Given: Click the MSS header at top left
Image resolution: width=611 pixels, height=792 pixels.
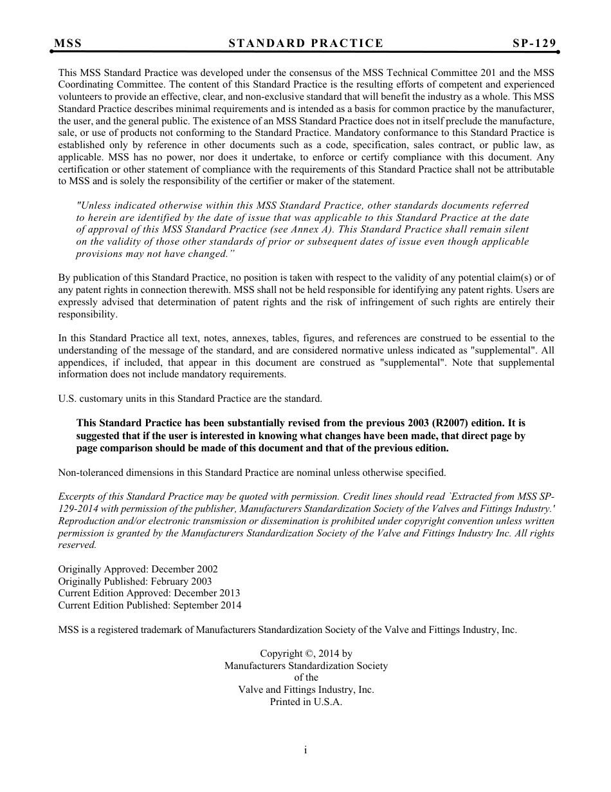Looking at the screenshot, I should [68, 43].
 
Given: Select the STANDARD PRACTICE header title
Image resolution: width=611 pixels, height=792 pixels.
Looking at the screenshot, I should [305, 43].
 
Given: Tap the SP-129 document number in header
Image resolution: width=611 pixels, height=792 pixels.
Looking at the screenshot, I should [534, 43].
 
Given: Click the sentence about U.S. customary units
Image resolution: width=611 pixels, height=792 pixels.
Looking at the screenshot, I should [190, 399].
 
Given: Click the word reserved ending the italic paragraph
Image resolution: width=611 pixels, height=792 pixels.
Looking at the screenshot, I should [77, 545].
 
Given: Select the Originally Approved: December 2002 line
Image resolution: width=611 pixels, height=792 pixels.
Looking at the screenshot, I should [138, 569].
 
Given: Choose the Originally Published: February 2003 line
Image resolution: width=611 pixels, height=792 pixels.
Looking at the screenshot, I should [134, 581].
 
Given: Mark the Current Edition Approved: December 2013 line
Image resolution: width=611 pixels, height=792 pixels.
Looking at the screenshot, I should [149, 593].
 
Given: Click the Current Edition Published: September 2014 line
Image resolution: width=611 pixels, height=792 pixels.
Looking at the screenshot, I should [150, 605].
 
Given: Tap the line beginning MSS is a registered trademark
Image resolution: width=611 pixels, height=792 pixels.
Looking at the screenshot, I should [287, 630].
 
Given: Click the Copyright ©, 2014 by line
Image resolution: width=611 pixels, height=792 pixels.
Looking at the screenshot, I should [305, 654].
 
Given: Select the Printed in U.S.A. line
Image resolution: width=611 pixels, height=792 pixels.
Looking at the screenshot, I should [305, 702].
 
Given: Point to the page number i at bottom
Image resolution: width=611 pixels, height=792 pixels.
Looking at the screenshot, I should [305, 750].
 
